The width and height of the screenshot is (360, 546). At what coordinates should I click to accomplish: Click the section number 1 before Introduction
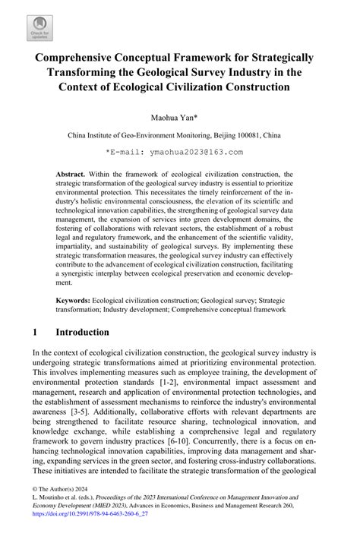tap(36, 333)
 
